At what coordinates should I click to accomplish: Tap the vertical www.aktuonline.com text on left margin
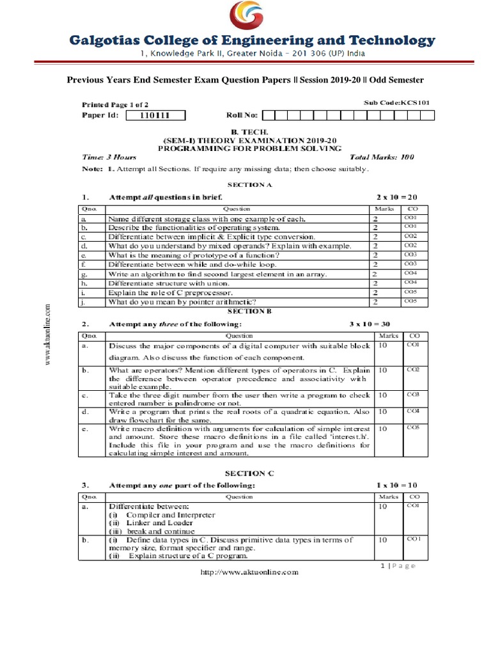click(47, 335)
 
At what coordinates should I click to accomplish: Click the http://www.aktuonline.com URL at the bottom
click(249, 572)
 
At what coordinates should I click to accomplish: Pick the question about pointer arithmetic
click(182, 301)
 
